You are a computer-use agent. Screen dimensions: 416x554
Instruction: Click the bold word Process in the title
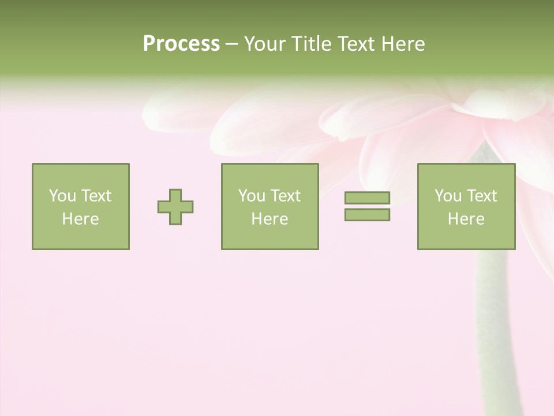tap(181, 44)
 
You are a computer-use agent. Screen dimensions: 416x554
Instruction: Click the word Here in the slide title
tap(403, 44)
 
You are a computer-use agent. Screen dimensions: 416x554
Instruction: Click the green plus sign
tap(175, 207)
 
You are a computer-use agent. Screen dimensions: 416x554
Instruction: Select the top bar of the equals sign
tap(367, 198)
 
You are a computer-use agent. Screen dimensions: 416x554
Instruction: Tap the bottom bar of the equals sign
tap(367, 215)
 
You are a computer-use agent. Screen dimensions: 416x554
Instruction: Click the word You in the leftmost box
tap(62, 196)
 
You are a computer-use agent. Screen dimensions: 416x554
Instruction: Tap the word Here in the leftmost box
tap(80, 219)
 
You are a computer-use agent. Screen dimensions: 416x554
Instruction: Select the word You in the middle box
tap(251, 196)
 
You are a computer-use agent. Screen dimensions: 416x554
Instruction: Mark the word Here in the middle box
tap(269, 219)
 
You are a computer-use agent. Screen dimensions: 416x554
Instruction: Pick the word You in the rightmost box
tap(447, 196)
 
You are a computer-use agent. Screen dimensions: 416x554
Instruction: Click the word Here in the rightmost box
tap(466, 219)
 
